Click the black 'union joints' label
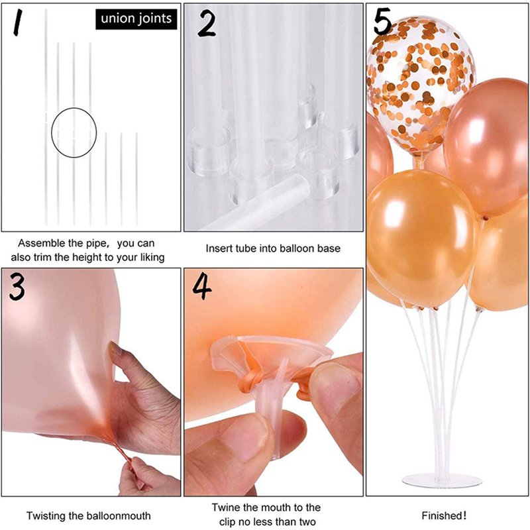click(136, 19)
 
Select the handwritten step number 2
click(206, 23)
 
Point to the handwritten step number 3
click(17, 287)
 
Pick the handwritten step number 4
click(202, 287)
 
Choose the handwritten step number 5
click(382, 21)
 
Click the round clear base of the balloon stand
click(442, 480)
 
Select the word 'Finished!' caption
click(444, 516)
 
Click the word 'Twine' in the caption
click(225, 507)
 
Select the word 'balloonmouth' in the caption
click(119, 516)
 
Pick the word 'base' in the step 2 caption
click(329, 248)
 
